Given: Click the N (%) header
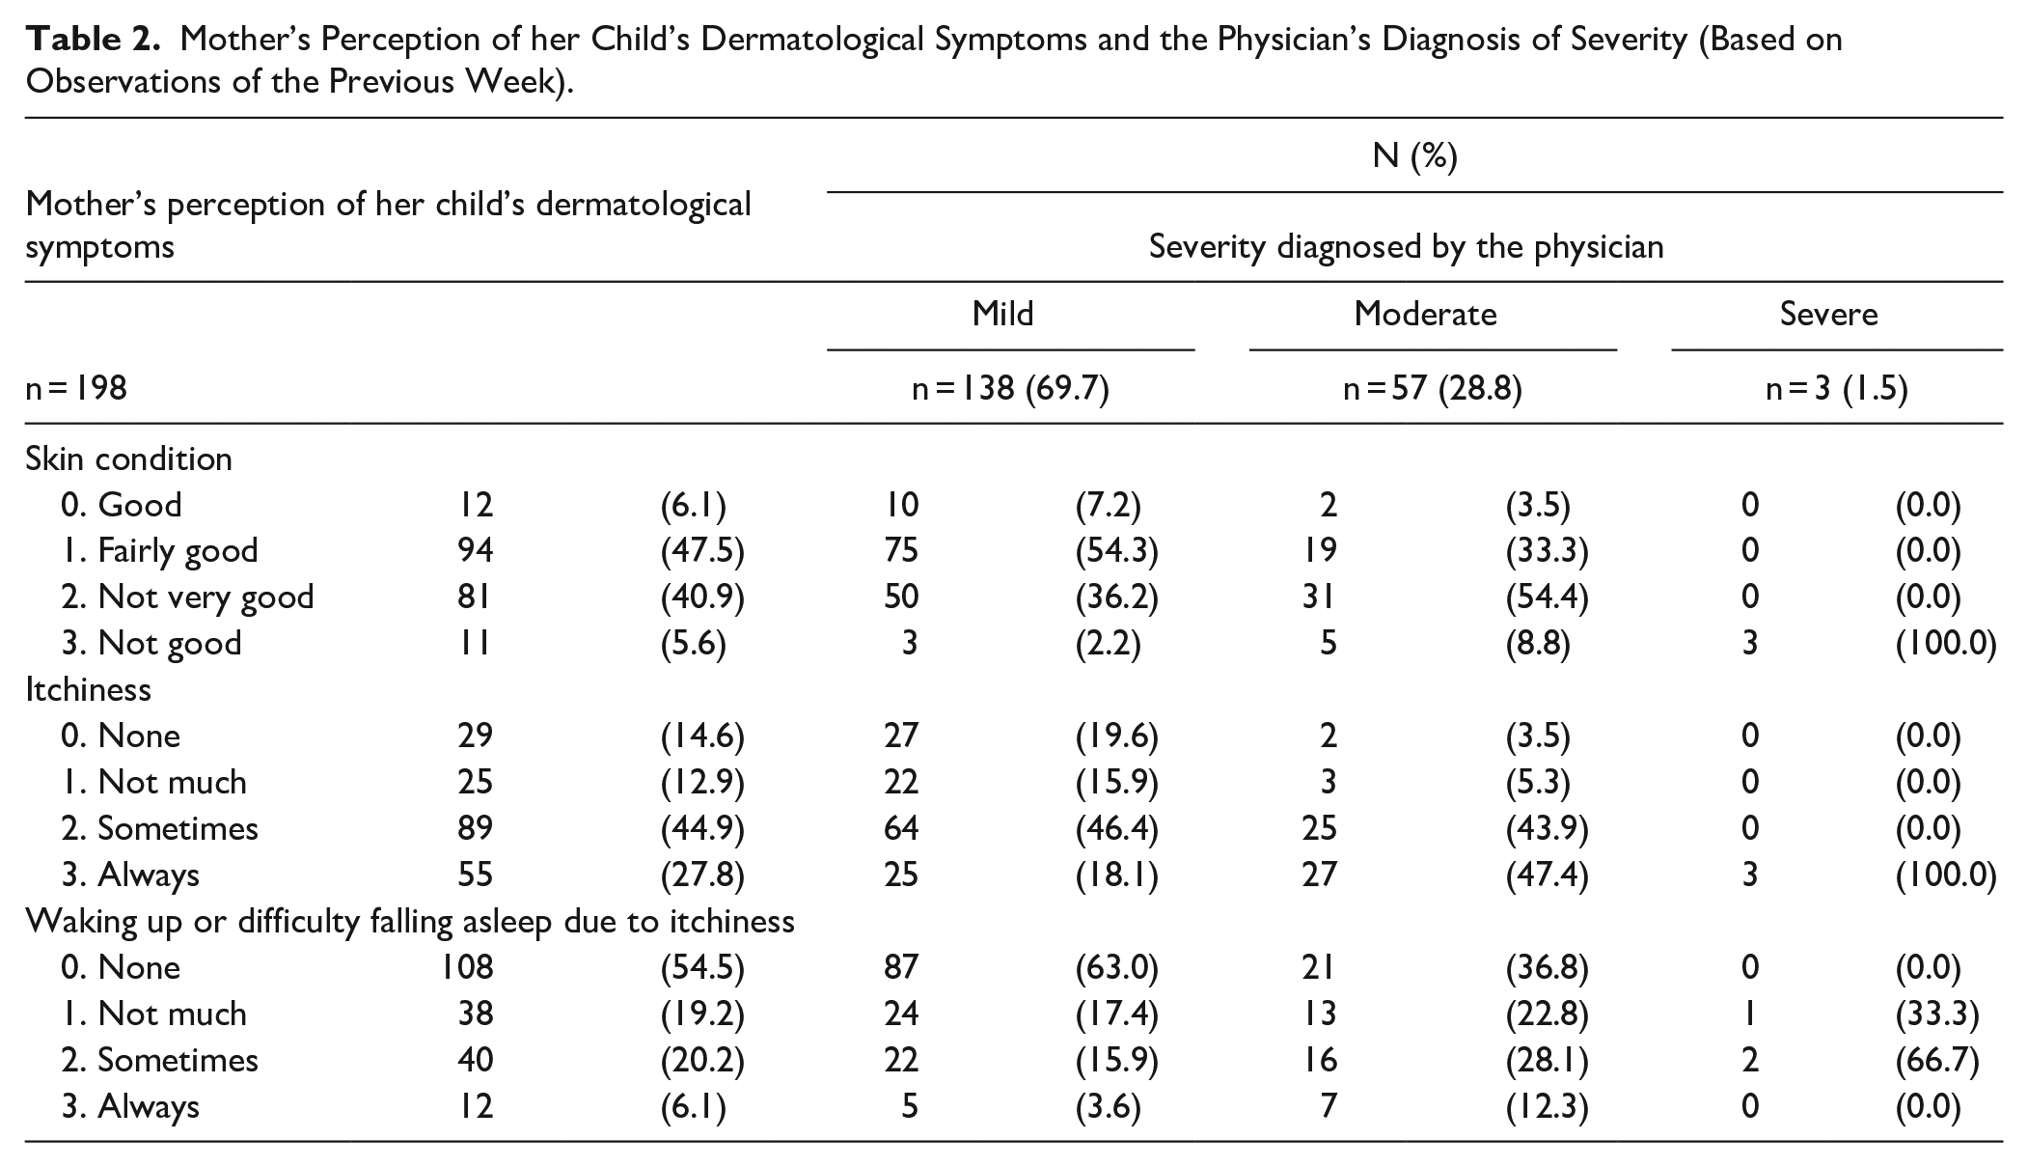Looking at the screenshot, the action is (x=1414, y=155).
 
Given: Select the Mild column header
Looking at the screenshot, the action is (x=1002, y=314).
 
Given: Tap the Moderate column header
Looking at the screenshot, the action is (x=1425, y=314).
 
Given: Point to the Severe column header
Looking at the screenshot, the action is (x=1828, y=314).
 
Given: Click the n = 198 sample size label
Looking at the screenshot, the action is (x=76, y=388).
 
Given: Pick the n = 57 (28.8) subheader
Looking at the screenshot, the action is (x=1433, y=388).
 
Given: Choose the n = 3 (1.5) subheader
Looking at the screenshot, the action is (x=1836, y=388).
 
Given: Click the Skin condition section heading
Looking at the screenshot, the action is (x=129, y=458).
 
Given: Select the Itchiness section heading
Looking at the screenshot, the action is (x=88, y=689).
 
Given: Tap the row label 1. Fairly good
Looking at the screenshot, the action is (x=159, y=551).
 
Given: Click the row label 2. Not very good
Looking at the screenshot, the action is (x=187, y=597).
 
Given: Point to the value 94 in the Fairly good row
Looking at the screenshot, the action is (x=476, y=550).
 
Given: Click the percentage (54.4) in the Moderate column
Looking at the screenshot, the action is (x=1547, y=597).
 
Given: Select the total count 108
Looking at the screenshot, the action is (x=468, y=967).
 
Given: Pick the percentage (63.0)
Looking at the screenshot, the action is (x=1116, y=968).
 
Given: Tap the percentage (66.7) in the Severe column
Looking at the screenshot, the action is (x=1937, y=1061).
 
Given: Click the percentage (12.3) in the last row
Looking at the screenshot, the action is (x=1547, y=1107).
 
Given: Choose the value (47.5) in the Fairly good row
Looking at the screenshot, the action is (x=702, y=551).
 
